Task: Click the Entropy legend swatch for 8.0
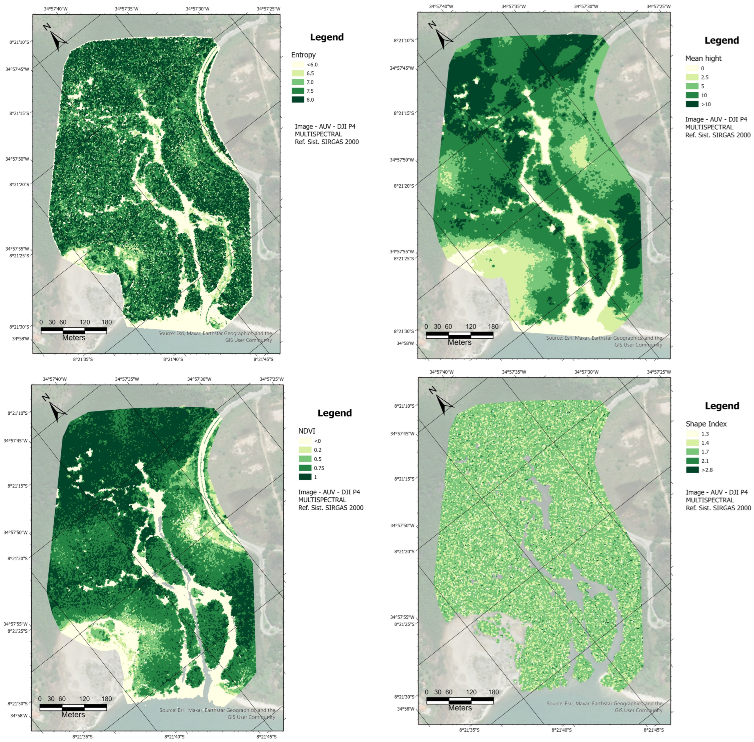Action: click(x=298, y=100)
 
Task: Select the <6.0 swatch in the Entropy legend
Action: click(x=298, y=65)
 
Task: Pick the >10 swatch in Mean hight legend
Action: click(x=692, y=104)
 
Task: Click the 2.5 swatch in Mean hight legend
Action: click(x=692, y=77)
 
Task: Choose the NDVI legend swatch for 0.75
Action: click(x=305, y=468)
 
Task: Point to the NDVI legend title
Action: click(x=306, y=431)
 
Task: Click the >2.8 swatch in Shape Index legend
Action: click(x=692, y=470)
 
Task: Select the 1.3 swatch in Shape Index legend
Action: click(x=692, y=434)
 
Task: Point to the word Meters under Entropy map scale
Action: click(x=74, y=337)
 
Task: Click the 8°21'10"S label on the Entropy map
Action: click(x=19, y=42)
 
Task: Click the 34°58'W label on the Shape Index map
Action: click(x=405, y=708)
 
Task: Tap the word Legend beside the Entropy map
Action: click(x=327, y=37)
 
